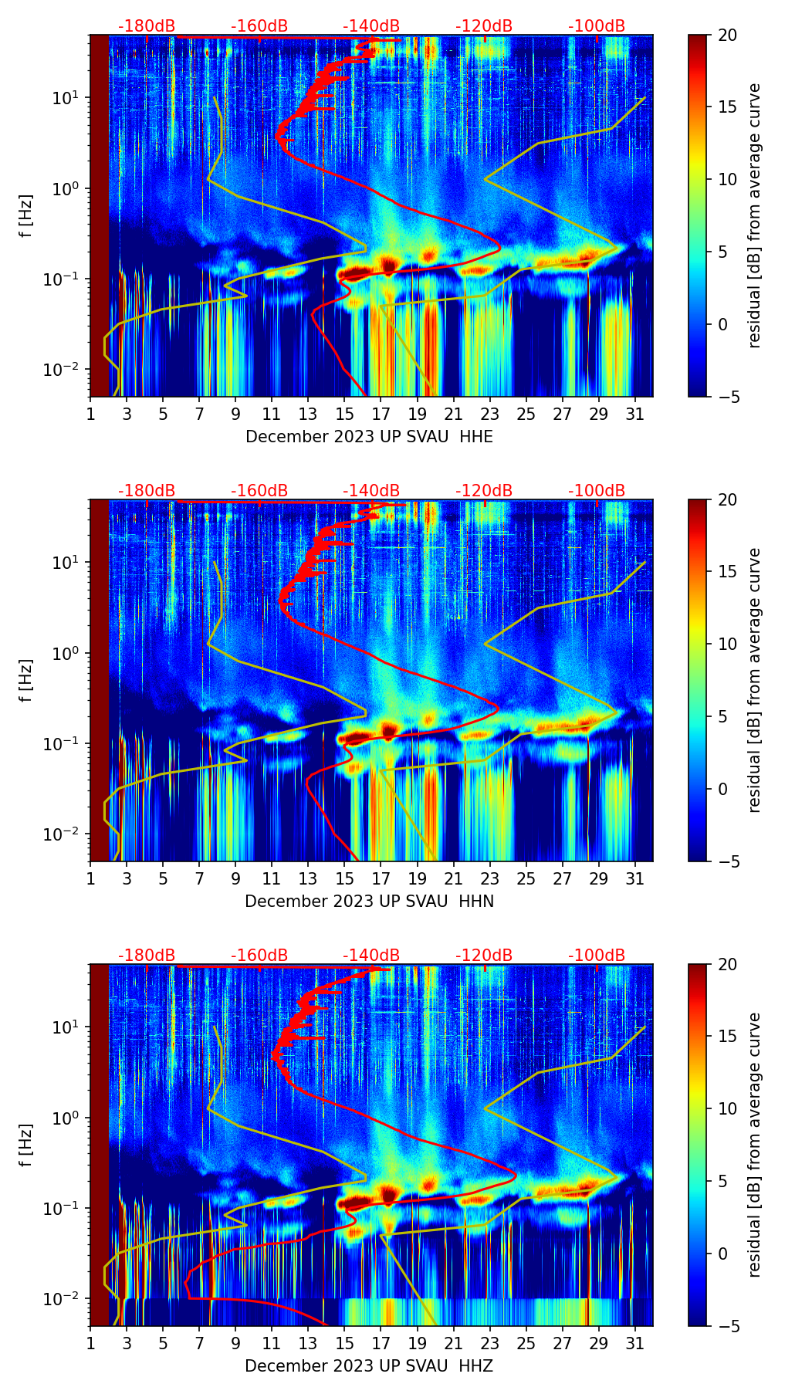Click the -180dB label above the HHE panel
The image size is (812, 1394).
coord(147,26)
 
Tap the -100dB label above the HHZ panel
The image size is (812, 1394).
coord(597,956)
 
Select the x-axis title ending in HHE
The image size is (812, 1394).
coord(369,437)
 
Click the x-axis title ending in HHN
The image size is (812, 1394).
coord(369,902)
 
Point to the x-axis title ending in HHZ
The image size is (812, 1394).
coord(369,1366)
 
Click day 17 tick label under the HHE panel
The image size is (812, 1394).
coord(381,414)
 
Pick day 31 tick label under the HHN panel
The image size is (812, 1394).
coord(635,878)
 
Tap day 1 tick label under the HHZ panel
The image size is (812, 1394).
coord(90,1343)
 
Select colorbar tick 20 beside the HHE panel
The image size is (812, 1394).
coord(727,36)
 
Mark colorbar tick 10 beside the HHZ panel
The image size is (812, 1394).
coord(727,1109)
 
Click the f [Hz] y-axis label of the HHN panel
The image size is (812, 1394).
coord(26,680)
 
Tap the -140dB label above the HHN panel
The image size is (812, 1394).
coord(371,491)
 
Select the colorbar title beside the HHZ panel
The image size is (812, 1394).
coord(755,1145)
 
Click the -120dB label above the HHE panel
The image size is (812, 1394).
coord(484,26)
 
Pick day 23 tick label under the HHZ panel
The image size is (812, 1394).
coord(490,1343)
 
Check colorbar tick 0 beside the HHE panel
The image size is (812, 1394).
coord(723,324)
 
